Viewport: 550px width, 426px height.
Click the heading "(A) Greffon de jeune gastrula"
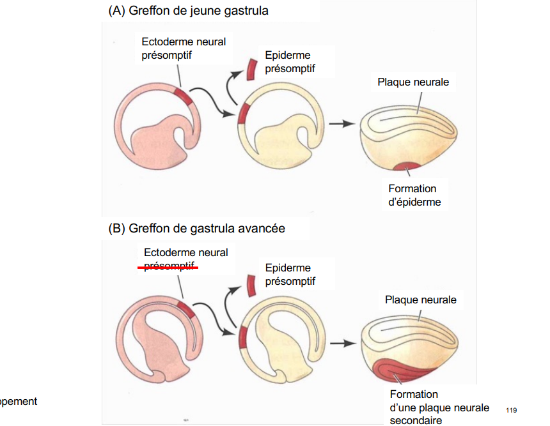(x=189, y=11)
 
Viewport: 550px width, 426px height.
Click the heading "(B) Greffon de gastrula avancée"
(x=197, y=229)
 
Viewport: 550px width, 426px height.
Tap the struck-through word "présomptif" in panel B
(x=169, y=266)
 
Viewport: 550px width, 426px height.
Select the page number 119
(x=512, y=410)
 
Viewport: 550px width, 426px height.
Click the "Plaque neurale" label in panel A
(x=413, y=82)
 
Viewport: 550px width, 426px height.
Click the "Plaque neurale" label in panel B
(x=421, y=300)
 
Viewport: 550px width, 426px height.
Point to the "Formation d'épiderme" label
(x=414, y=195)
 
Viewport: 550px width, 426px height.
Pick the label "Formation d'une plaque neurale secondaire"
(x=439, y=407)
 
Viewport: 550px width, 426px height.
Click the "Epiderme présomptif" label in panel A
(x=290, y=62)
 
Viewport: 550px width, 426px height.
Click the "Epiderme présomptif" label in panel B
(x=290, y=274)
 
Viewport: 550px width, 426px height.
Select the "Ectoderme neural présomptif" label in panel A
(x=184, y=49)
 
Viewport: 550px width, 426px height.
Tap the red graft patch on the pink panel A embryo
(x=184, y=96)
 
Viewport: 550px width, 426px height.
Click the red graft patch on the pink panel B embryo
(x=186, y=309)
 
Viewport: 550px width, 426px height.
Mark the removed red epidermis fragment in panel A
(x=251, y=70)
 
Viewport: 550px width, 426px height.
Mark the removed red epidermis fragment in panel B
(x=251, y=286)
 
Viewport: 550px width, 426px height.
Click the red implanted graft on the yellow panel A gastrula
(x=243, y=114)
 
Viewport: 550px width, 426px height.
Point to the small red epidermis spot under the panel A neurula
(x=407, y=166)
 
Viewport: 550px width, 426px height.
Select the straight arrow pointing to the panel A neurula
(x=342, y=123)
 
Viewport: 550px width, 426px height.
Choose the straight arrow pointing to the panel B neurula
(x=343, y=344)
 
